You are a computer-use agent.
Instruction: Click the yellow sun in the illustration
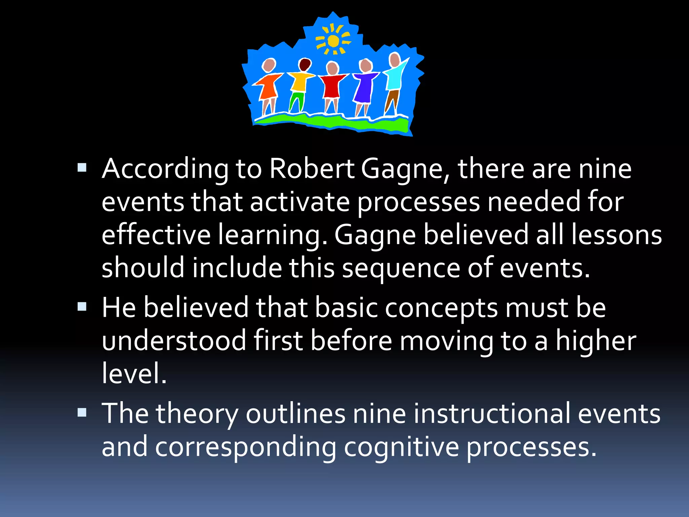pyautogui.click(x=333, y=41)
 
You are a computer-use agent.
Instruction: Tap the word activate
pyautogui.click(x=300, y=202)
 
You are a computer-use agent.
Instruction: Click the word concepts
pyautogui.click(x=441, y=308)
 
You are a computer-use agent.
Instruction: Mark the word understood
pyautogui.click(x=174, y=341)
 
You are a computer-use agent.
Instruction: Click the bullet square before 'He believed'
pyautogui.click(x=82, y=307)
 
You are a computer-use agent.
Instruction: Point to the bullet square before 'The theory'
pyautogui.click(x=82, y=412)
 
